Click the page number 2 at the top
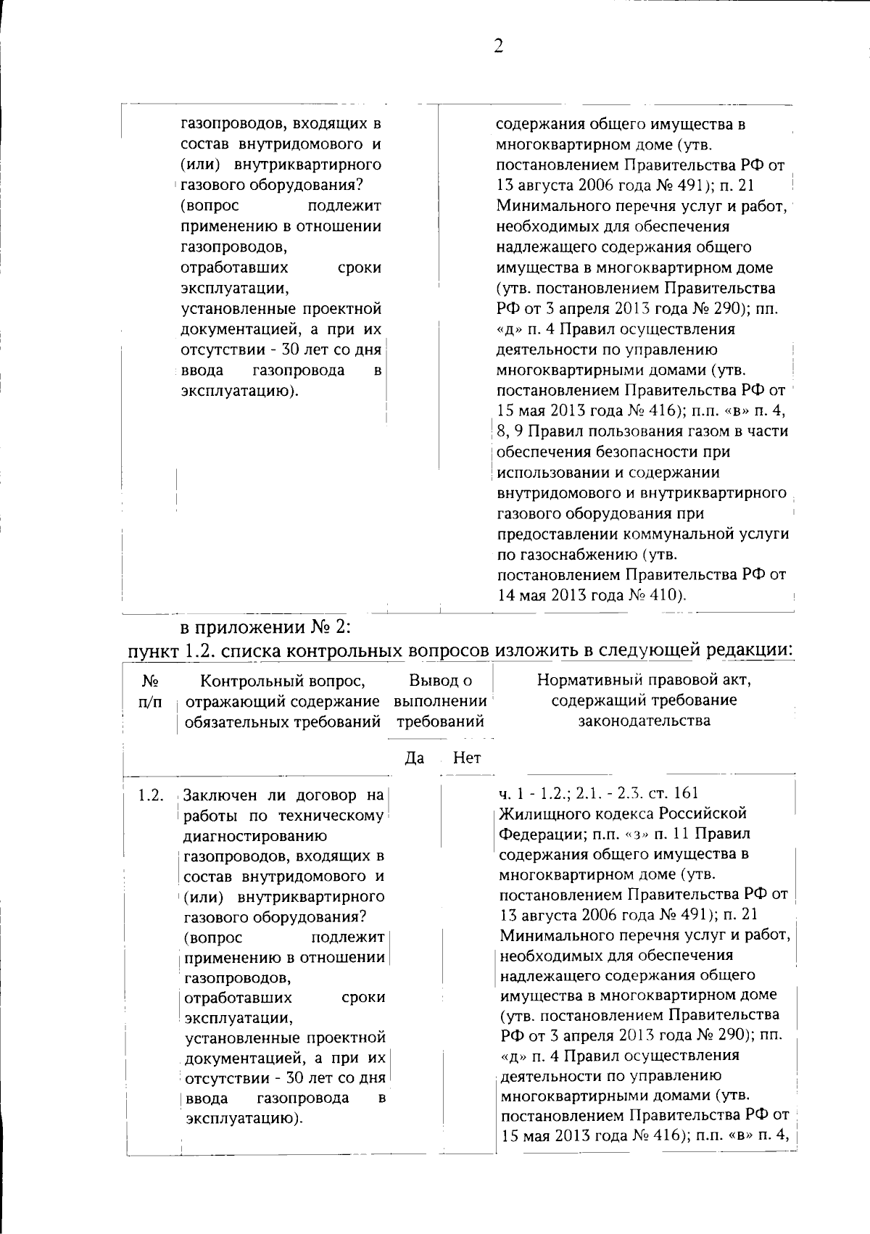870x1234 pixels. click(x=498, y=46)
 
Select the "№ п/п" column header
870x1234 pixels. click(x=150, y=692)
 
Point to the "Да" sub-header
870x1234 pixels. click(x=413, y=758)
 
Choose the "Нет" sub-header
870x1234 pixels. click(x=466, y=758)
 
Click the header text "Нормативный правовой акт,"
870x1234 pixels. click(x=644, y=680)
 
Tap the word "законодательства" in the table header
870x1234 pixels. click(x=644, y=721)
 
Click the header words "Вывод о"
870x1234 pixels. click(x=440, y=680)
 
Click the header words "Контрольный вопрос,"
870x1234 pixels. click(x=283, y=680)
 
